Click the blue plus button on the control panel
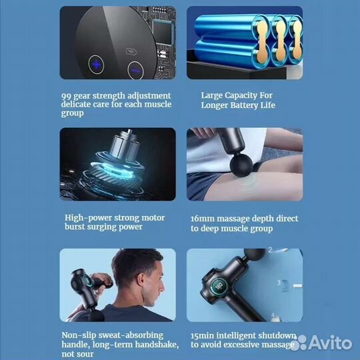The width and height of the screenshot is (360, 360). (96, 65)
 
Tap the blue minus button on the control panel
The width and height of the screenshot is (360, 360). (136, 70)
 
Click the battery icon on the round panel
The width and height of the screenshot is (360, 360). (132, 51)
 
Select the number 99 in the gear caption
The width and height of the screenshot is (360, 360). (66, 96)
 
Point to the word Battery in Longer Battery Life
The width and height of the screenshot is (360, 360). (244, 105)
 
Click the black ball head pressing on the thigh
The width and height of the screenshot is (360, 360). (241, 165)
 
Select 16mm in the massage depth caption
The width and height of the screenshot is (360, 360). (202, 219)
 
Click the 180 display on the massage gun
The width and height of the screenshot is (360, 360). (219, 286)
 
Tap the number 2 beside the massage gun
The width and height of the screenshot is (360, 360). (270, 250)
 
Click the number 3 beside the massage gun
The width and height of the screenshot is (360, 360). (279, 283)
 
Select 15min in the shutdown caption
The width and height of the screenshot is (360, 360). (202, 336)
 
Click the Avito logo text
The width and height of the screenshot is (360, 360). (331, 343)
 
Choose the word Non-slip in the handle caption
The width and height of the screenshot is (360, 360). (79, 335)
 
